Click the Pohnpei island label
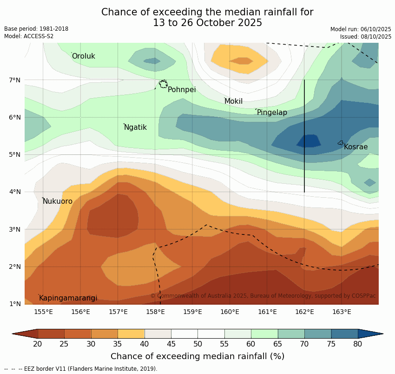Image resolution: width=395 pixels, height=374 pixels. click(182, 90)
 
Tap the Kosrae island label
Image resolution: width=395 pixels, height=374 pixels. click(355, 147)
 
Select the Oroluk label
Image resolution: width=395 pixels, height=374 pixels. click(83, 56)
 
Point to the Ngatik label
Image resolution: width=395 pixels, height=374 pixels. click(135, 127)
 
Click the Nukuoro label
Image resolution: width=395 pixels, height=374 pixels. click(58, 201)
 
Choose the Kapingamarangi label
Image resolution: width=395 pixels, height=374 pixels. click(68, 298)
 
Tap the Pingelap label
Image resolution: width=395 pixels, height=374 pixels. click(272, 113)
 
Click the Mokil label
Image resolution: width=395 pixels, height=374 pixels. click(233, 101)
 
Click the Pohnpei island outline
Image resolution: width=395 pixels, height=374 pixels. click(163, 84)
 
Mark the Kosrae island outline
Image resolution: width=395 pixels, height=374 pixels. click(341, 143)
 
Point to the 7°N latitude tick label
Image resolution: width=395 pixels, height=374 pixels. click(15, 80)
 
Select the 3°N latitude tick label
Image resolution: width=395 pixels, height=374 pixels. click(15, 229)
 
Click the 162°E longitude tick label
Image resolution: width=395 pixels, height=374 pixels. click(304, 312)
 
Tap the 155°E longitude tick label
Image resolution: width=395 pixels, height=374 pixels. click(43, 312)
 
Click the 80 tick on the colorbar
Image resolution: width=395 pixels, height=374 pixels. click(358, 344)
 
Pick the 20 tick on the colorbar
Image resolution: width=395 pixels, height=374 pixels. click(38, 344)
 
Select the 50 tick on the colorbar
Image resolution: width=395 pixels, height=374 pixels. click(198, 344)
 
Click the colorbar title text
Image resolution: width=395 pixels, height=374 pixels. click(197, 356)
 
